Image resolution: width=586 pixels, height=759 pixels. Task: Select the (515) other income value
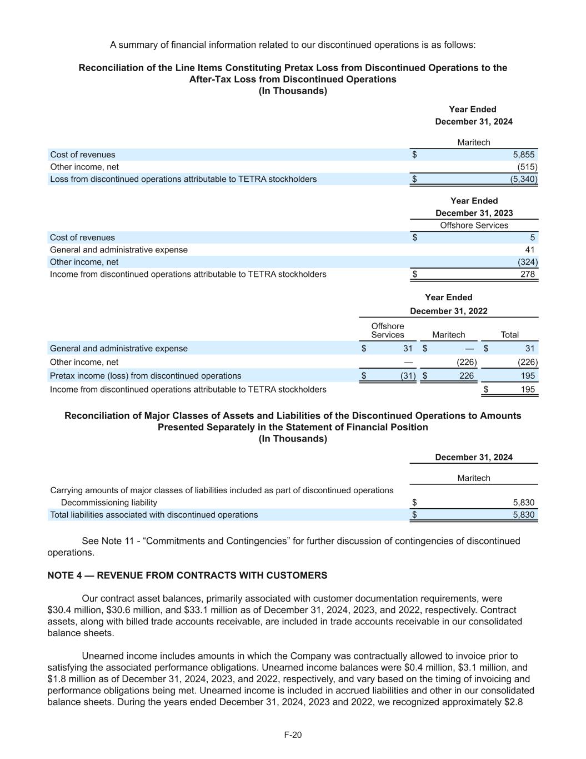(x=527, y=167)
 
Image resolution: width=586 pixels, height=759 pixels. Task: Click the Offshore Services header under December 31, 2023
(x=474, y=225)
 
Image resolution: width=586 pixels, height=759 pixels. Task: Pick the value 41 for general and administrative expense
(x=530, y=250)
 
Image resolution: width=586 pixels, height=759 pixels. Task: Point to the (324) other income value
(x=527, y=262)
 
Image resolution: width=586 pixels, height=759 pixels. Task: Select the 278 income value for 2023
(x=528, y=274)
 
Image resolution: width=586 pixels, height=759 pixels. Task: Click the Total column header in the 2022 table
(x=509, y=335)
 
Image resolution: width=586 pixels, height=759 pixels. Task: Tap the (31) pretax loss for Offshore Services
(x=408, y=376)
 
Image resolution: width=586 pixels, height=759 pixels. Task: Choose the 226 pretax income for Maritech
(x=467, y=376)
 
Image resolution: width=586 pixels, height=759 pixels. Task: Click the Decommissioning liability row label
(x=109, y=503)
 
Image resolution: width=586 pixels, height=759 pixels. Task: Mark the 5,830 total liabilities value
(x=523, y=515)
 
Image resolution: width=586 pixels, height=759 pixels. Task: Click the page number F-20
(x=293, y=735)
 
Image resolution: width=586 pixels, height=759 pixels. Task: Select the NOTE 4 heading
(x=187, y=576)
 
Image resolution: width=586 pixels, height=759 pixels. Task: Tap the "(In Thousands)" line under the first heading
(x=293, y=91)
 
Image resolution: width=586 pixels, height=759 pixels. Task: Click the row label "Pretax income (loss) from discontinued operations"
(x=146, y=376)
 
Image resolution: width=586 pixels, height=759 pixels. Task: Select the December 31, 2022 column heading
(x=448, y=311)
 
